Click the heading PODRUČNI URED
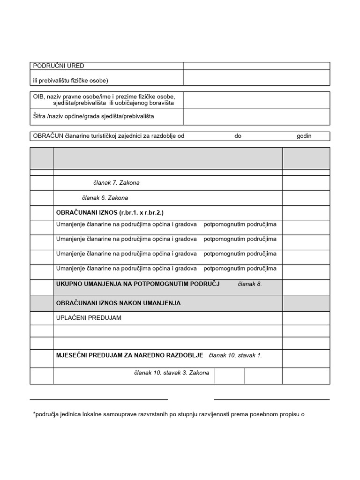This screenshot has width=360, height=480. (x=59, y=66)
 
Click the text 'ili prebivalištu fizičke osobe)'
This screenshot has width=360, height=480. (x=70, y=81)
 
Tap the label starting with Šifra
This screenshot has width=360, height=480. (x=93, y=116)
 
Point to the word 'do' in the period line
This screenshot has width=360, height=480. (x=238, y=136)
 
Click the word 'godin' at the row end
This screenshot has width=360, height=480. (x=304, y=136)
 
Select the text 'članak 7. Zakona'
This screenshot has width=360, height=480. (x=116, y=183)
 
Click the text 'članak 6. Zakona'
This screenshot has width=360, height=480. (x=105, y=198)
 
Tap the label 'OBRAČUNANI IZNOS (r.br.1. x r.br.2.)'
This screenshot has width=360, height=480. (x=110, y=213)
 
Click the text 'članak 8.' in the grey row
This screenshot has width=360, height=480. (x=250, y=284)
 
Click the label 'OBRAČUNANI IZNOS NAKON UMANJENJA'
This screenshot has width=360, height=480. (x=118, y=303)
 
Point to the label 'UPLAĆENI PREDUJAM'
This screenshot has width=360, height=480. (x=89, y=318)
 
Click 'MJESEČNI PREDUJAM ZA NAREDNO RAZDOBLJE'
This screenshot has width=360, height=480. (x=130, y=355)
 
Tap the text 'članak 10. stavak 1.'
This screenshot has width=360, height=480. (x=235, y=355)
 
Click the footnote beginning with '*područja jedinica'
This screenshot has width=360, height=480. (x=169, y=414)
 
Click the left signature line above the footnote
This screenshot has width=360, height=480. (x=98, y=399)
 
